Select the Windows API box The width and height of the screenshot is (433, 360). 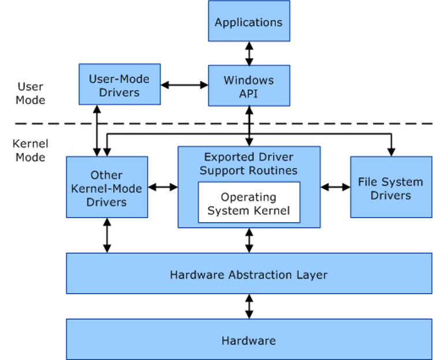pos(249,86)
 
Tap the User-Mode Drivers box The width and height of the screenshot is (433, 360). pos(119,85)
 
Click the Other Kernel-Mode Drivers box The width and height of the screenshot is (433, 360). pos(107,187)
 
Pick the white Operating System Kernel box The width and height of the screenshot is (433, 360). pos(249,204)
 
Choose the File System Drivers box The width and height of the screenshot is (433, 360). pos(391,188)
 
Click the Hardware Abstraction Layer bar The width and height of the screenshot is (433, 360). pos(249,274)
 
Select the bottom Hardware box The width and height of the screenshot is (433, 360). pos(249,340)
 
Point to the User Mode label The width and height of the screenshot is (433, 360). pos(31,93)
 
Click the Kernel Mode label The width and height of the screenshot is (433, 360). pos(31,150)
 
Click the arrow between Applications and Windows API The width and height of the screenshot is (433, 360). pos(249,53)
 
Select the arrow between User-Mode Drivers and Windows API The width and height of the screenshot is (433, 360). pos(184,85)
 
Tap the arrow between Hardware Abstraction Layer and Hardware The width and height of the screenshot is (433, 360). pos(249,306)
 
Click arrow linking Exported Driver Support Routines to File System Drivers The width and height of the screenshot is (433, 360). pos(335,187)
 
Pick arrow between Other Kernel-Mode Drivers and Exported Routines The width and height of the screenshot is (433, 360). pos(163,187)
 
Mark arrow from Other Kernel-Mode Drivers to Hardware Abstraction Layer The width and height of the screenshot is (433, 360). pos(107,235)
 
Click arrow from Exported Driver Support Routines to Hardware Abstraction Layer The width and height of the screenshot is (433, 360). pos(249,240)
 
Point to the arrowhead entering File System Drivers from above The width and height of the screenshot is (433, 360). pos(391,151)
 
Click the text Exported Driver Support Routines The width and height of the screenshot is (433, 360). pos(249,163)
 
